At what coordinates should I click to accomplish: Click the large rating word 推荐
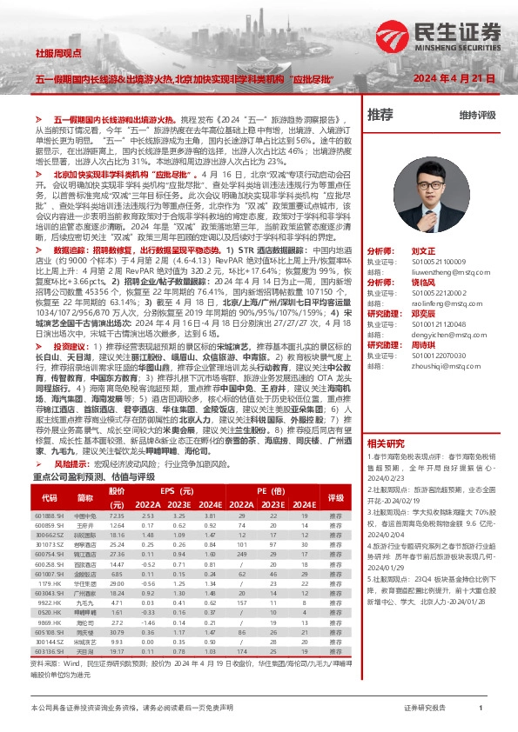pos(380,114)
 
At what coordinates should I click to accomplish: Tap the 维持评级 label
pos(478,115)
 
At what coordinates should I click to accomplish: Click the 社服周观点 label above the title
pos(56,54)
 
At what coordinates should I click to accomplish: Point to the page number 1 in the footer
pos(481,709)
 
